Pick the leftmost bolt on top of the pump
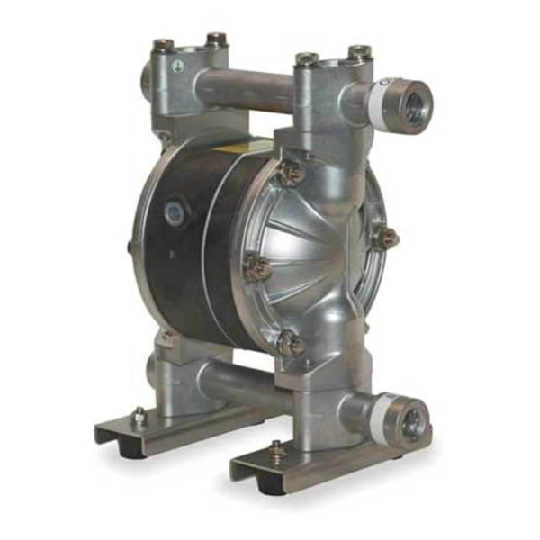click(x=163, y=44)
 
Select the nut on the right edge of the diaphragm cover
click(x=386, y=238)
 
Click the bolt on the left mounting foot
click(x=139, y=415)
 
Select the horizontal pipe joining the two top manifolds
click(x=243, y=90)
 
